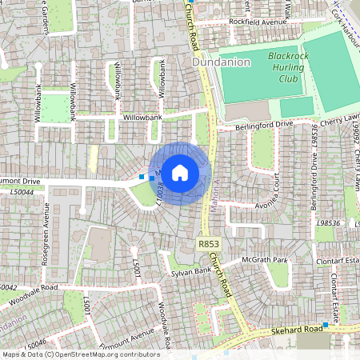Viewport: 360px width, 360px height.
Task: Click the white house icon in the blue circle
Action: tap(180, 172)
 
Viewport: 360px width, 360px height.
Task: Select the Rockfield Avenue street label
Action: tap(258, 22)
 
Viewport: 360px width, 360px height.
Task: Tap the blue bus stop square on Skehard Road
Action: tap(326, 326)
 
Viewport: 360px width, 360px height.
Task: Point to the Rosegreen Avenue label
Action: tap(46, 233)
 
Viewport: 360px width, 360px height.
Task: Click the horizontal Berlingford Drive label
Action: tap(264, 126)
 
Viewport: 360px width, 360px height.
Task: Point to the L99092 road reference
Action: tap(349, 143)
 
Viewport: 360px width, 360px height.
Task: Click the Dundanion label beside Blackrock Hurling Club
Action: tap(222, 61)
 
